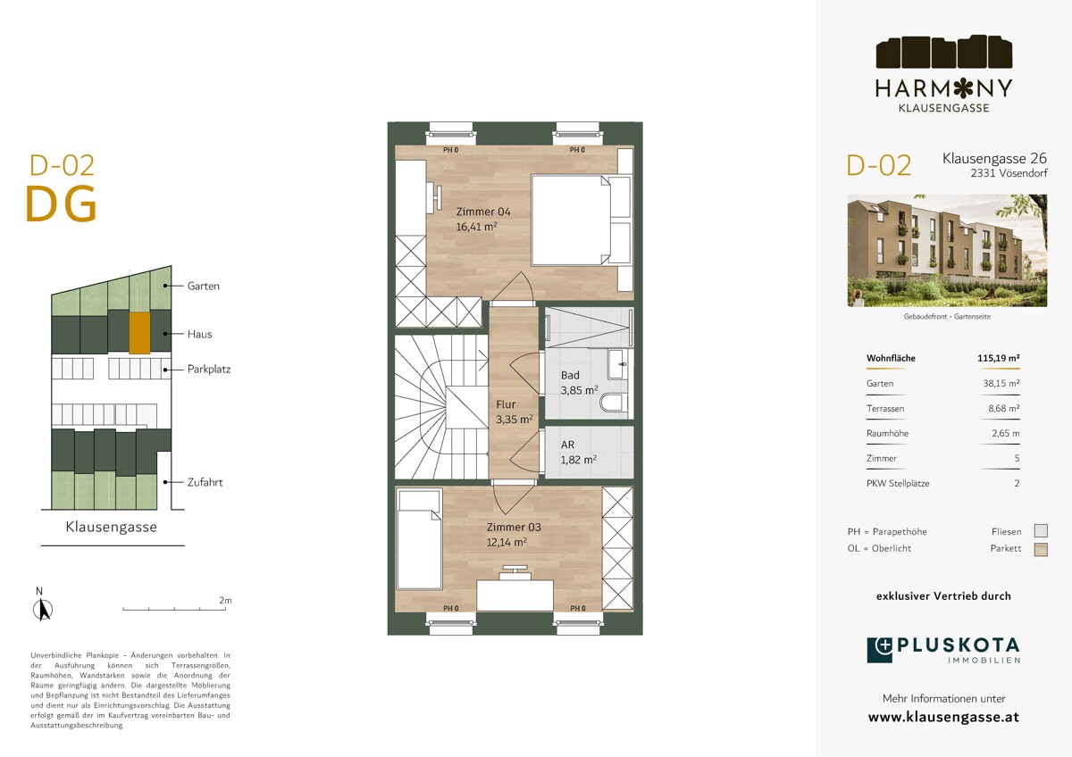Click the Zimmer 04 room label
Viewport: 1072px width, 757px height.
click(483, 212)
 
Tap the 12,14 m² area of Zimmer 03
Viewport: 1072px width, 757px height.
click(507, 542)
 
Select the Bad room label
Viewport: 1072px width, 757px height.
click(570, 376)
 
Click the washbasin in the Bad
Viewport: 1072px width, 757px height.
click(618, 364)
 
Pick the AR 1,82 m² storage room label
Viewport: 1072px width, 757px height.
click(579, 452)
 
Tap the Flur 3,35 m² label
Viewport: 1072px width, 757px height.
click(514, 412)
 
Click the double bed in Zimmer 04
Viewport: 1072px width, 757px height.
click(581, 220)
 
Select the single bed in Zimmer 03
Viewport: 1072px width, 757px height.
click(419, 540)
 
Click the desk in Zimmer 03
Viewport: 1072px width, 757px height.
click(515, 595)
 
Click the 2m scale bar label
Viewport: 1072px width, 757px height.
click(225, 600)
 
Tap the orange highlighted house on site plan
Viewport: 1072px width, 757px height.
click(139, 333)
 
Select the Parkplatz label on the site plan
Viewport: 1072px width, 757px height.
click(209, 370)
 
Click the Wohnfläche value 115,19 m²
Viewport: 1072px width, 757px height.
click(999, 358)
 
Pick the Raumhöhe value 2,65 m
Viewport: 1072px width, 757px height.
click(1006, 433)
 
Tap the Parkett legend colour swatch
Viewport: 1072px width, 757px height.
click(1041, 550)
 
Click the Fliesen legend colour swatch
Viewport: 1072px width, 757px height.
click(1041, 531)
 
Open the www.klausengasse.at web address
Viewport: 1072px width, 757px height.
click(943, 717)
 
